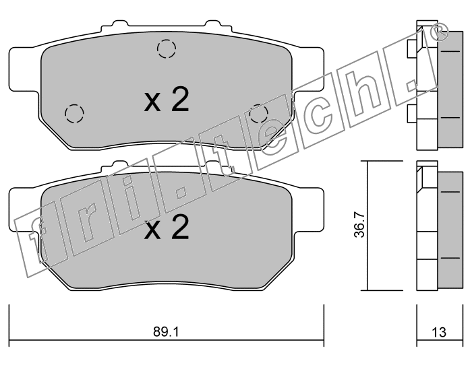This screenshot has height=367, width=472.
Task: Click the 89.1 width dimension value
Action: pos(166,332)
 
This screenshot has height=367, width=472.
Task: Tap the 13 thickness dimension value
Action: pos(439,332)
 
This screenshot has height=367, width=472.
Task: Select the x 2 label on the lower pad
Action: pos(167,227)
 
